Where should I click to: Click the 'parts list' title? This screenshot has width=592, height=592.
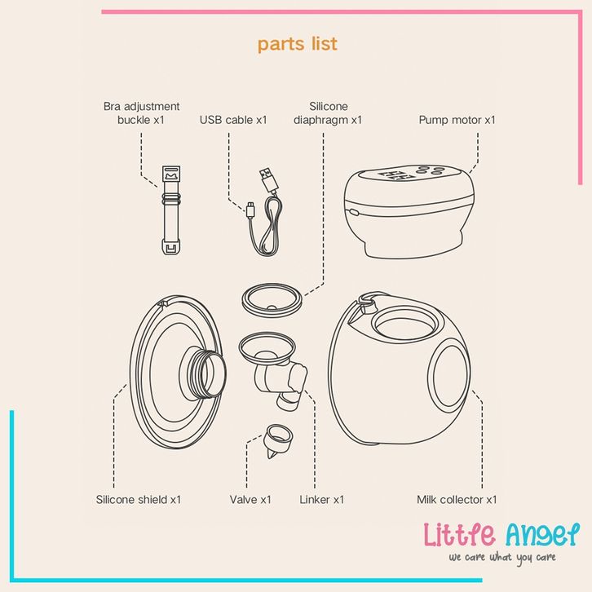(x=297, y=44)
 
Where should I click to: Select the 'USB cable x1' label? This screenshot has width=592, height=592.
(x=233, y=120)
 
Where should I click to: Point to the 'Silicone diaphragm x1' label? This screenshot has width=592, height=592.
(x=328, y=113)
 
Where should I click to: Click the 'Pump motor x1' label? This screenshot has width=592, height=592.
(x=457, y=120)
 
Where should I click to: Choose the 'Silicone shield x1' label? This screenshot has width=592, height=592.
(x=138, y=499)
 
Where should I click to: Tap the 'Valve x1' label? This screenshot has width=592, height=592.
(x=250, y=499)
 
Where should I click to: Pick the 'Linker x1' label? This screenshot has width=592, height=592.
(x=322, y=499)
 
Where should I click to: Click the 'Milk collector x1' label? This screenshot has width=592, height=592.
(x=457, y=499)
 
